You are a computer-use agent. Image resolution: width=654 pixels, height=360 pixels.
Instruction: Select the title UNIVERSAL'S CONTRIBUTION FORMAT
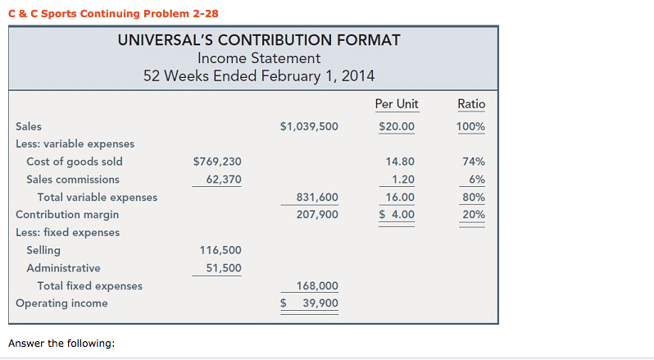(x=259, y=40)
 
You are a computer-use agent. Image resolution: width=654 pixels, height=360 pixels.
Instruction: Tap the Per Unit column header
(x=396, y=104)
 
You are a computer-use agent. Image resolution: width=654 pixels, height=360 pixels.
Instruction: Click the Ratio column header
(x=471, y=104)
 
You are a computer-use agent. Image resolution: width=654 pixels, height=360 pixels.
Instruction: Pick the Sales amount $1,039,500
(x=308, y=127)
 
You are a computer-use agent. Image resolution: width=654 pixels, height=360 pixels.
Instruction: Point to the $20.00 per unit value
(x=397, y=127)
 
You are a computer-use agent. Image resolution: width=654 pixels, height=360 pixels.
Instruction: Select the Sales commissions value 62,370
(x=223, y=180)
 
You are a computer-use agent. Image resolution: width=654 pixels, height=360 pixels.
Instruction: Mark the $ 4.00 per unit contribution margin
(x=397, y=215)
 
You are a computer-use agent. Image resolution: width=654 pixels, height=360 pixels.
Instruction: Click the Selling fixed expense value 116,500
(x=220, y=250)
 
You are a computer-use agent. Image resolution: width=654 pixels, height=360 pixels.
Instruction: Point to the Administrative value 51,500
(x=223, y=268)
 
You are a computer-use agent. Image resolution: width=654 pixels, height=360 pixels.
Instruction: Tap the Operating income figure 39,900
(x=320, y=303)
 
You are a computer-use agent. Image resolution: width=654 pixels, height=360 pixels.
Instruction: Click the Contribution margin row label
(x=67, y=215)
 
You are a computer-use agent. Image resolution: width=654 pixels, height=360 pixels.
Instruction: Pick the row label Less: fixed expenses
(x=67, y=233)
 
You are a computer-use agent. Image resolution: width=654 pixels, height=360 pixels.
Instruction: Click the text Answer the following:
(x=61, y=343)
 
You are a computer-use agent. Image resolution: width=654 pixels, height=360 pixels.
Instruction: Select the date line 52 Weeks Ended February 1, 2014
(x=259, y=76)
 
